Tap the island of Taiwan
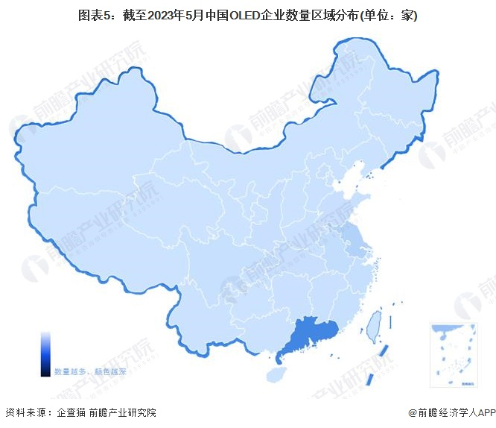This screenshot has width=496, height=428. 372,324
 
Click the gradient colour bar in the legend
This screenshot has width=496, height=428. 45,353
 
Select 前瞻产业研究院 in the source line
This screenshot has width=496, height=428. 122,412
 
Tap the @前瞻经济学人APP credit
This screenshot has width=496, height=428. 451,412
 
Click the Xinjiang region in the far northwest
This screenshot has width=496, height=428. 89,149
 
